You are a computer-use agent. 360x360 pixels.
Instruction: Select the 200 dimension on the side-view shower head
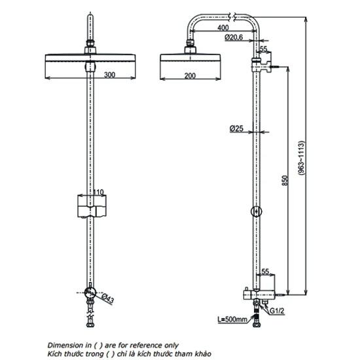pos(190,76)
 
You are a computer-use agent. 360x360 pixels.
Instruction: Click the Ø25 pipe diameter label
pos(237,129)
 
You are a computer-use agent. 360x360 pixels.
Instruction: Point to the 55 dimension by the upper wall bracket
pos(263,50)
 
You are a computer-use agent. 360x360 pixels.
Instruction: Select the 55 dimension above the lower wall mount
pos(265,270)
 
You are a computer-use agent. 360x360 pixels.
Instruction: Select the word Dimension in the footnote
pos(63,344)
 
